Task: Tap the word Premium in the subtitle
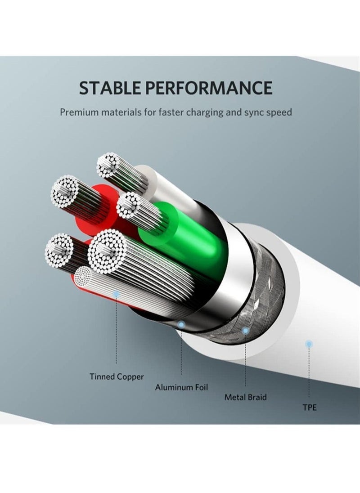coord(79,112)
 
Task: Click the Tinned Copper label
coord(117,376)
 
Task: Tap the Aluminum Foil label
coord(181,387)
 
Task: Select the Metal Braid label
coord(246,397)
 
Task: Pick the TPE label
coord(310,408)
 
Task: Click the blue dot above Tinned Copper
coord(117,294)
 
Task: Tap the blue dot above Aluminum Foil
coord(181,324)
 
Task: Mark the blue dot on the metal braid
coord(246,331)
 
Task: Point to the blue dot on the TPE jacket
coord(310,344)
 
